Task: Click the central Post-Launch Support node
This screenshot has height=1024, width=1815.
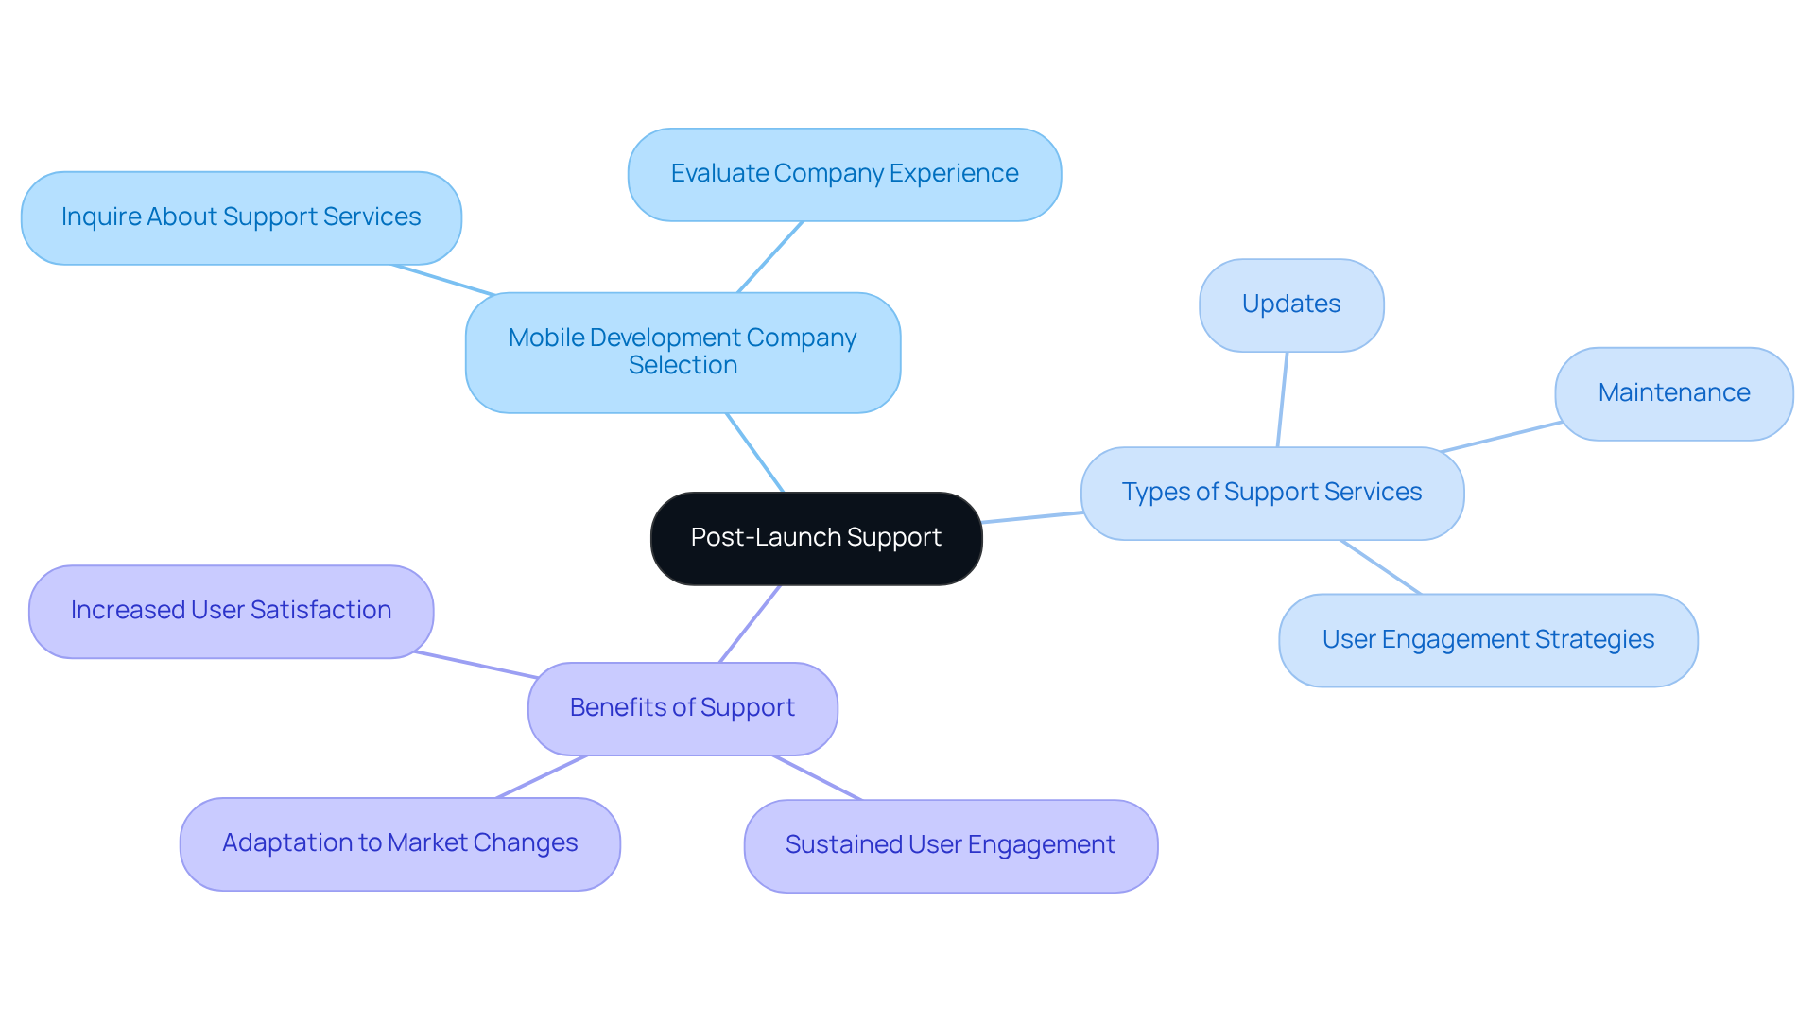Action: [x=816, y=538]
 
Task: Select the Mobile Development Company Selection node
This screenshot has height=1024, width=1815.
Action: [x=683, y=352]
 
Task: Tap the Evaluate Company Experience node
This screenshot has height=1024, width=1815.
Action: [x=844, y=174]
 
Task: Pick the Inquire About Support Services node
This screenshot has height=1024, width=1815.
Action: [x=241, y=217]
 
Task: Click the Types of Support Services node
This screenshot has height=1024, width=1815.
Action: [x=1271, y=493]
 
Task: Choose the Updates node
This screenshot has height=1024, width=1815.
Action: [x=1291, y=304]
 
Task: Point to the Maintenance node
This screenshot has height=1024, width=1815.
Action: [x=1673, y=393]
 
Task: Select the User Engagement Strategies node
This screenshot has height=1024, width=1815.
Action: [x=1488, y=640]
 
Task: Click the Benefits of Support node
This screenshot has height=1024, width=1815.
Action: [x=683, y=708]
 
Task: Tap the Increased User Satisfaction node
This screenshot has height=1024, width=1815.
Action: [x=231, y=611]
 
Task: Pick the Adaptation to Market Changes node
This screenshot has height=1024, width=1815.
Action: [x=400, y=843]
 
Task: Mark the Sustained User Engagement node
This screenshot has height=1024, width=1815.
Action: [x=950, y=845]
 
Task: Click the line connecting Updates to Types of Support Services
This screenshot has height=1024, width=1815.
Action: [x=1283, y=399]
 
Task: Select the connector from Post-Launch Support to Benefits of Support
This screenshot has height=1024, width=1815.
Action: [x=750, y=624]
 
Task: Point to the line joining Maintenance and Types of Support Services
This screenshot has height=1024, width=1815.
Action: [x=1501, y=437]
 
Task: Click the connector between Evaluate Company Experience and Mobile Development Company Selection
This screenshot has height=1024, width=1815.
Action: [x=769, y=257]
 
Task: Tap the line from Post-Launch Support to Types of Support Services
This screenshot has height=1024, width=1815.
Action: [x=1032, y=517]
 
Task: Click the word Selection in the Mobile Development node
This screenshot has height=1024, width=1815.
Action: [x=683, y=366]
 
